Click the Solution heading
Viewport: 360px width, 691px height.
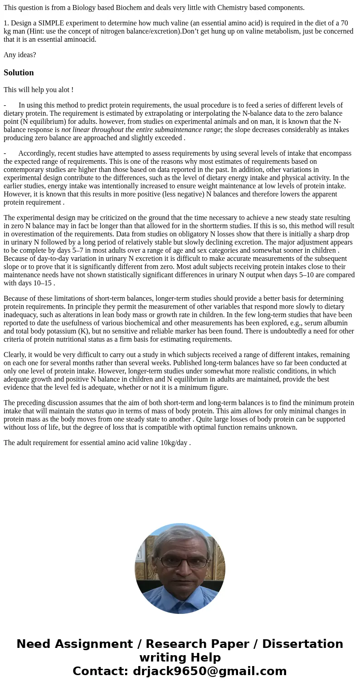(x=19, y=73)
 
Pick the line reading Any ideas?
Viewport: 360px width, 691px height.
(x=20, y=55)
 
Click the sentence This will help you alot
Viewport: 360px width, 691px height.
(x=38, y=90)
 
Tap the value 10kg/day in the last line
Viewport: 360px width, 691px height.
(x=174, y=443)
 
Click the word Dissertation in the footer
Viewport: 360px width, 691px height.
(x=302, y=644)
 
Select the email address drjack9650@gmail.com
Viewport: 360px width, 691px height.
(x=209, y=671)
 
